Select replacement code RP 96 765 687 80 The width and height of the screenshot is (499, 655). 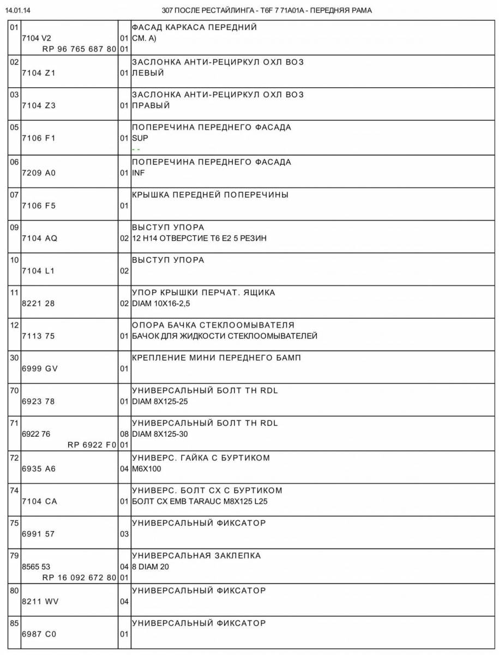point(79,49)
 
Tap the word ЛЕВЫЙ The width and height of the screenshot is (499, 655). point(148,73)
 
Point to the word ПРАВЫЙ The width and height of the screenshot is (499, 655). point(151,105)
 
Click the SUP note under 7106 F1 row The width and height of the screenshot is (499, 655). point(140,138)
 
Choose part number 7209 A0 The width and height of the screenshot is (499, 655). point(39,173)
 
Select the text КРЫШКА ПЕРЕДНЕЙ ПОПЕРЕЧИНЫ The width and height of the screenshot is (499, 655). point(210,195)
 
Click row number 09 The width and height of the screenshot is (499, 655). point(15,227)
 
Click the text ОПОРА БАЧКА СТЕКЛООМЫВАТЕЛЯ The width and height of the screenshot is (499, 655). point(213,325)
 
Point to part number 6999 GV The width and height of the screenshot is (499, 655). point(40,368)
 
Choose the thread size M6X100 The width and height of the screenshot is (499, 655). point(147,468)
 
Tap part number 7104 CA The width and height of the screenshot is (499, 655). point(39,501)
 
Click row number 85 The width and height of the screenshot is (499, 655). point(15,623)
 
